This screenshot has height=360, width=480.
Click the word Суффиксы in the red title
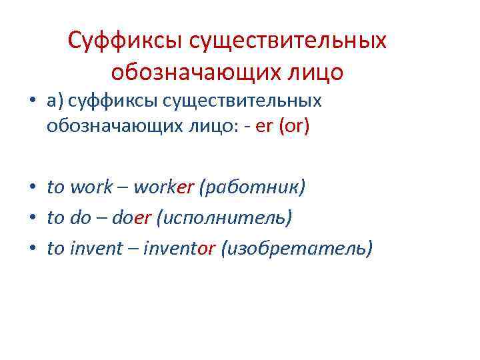point(125,41)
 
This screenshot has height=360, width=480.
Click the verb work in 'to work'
point(91,187)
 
